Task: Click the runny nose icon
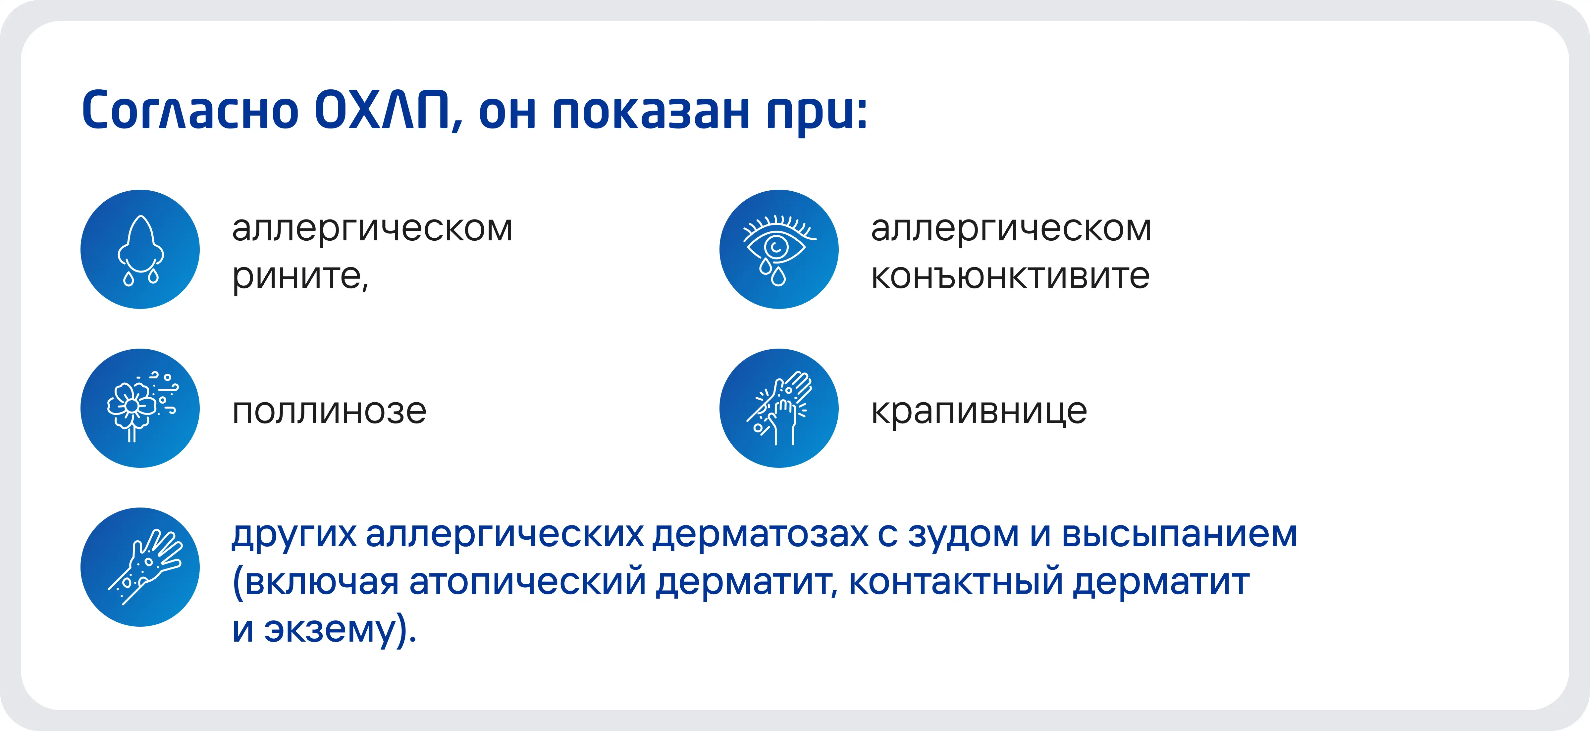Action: click(140, 249)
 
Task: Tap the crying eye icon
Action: click(779, 249)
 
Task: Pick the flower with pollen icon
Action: click(140, 408)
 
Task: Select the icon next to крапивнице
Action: click(779, 408)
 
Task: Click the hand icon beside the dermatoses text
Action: click(140, 567)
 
